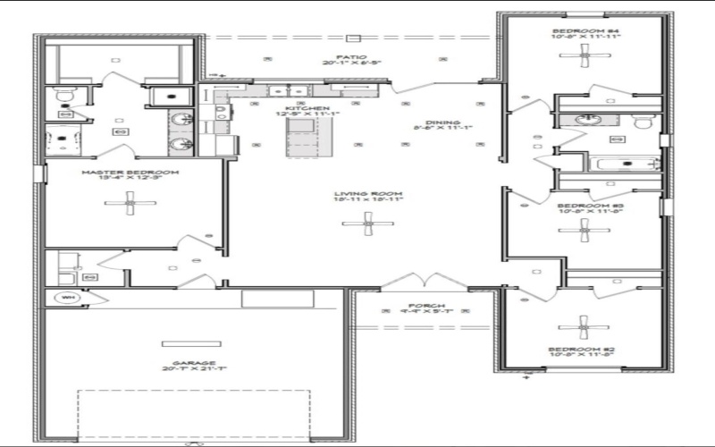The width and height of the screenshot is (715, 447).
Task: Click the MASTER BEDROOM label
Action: point(130,172)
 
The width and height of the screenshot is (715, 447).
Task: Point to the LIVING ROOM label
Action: point(368,194)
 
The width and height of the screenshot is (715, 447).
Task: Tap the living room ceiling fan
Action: point(368,225)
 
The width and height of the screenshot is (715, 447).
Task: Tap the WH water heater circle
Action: point(67,297)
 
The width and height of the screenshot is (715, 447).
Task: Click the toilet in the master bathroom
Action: point(63,94)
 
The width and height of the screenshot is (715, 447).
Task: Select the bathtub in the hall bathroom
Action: point(626,164)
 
